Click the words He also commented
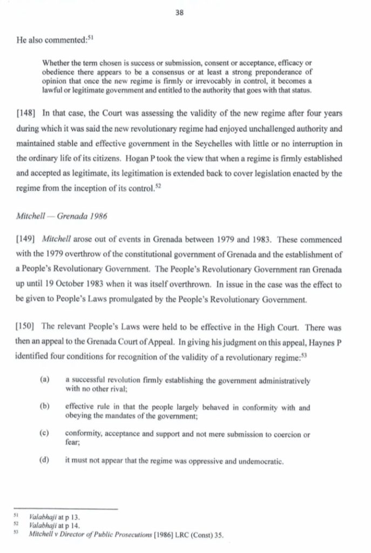46,39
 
